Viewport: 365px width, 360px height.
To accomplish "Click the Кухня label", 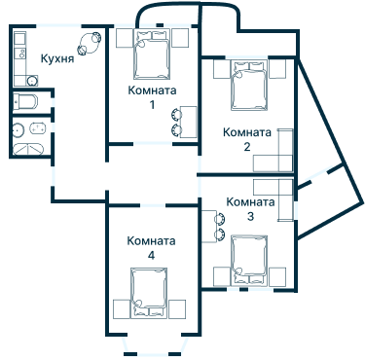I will [x=57, y=58].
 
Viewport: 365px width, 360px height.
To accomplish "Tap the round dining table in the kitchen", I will [x=89, y=42].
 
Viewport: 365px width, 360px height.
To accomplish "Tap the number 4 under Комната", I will [x=151, y=255].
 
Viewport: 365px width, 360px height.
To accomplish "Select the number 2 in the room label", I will [x=247, y=146].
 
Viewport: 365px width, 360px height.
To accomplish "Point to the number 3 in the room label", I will [x=250, y=216].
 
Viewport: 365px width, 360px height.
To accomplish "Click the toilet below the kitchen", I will [x=26, y=102].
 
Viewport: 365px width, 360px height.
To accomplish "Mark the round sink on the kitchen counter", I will [x=18, y=40].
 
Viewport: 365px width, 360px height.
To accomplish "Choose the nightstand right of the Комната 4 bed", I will [x=178, y=308].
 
